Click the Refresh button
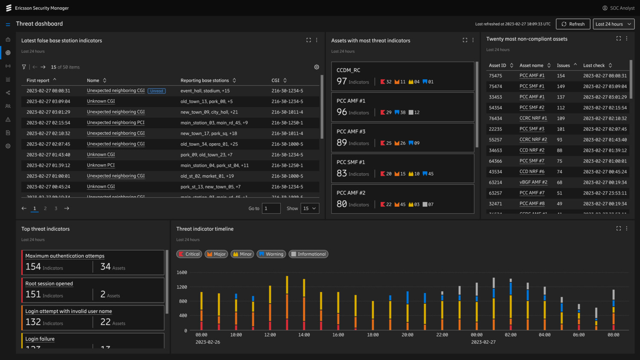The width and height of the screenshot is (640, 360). click(573, 24)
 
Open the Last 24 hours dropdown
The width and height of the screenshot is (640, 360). click(613, 24)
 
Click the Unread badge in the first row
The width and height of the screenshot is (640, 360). click(157, 91)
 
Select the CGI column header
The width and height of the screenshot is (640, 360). click(276, 80)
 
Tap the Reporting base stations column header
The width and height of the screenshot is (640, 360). click(205, 80)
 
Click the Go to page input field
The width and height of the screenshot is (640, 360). click(271, 209)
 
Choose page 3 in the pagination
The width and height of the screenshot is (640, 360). click(56, 209)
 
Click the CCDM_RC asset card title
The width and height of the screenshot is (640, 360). click(348, 70)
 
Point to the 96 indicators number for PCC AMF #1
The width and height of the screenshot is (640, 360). click(341, 112)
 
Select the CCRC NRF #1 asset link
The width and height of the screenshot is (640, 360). click(533, 118)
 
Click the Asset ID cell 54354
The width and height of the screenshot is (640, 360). click(495, 108)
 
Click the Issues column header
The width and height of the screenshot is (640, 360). click(563, 65)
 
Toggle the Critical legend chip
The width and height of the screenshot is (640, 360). click(189, 254)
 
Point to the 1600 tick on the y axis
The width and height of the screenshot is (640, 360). click(182, 273)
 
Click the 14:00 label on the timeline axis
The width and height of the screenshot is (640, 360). click(304, 335)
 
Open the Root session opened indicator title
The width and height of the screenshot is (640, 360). click(49, 284)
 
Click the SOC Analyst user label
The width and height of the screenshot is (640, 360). click(622, 8)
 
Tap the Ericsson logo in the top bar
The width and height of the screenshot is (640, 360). click(9, 8)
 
